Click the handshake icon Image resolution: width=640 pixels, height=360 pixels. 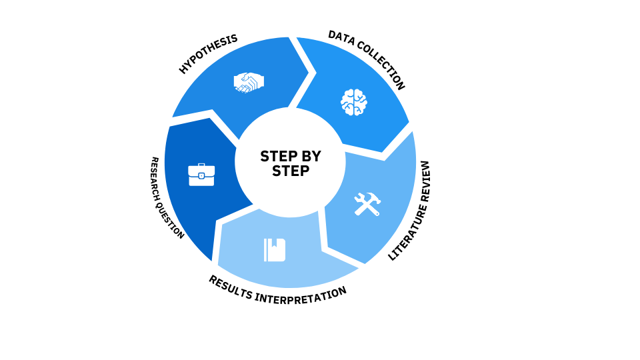point(249,82)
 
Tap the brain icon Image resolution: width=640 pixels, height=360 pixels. point(354,102)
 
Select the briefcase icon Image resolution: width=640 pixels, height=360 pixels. point(201,175)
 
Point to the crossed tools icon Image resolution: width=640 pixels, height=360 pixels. point(367,204)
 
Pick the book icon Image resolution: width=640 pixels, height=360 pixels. point(275,250)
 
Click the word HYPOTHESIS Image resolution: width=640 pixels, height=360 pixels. point(208,54)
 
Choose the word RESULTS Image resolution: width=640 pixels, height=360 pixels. point(232,287)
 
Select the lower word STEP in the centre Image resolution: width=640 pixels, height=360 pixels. point(291,171)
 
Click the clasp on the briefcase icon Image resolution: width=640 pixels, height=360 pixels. point(201,175)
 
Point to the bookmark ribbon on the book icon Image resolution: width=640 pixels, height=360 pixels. point(273,244)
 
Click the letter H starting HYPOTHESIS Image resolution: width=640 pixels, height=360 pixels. point(183,69)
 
